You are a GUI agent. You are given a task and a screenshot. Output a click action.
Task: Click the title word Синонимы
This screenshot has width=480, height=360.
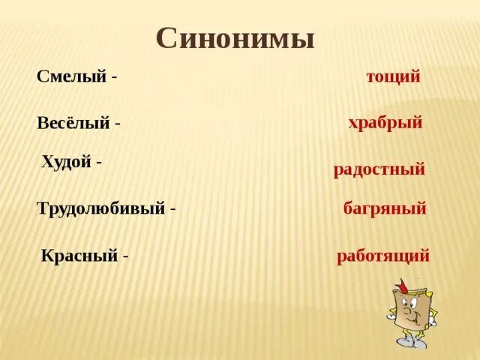[235, 38]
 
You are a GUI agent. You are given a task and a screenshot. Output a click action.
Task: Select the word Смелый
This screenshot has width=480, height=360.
[71, 76]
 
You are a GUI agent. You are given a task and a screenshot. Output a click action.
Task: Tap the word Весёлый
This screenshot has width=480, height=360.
[73, 123]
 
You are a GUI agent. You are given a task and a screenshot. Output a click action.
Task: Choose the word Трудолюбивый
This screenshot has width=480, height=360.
[100, 208]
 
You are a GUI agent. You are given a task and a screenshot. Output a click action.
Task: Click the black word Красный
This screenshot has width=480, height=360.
[79, 255]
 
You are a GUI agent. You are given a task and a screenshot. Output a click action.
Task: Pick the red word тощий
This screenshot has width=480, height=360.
[393, 76]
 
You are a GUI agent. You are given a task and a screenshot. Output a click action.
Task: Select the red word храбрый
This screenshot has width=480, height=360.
[385, 122]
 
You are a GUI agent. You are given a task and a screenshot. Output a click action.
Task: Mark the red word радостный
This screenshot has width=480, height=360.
[379, 169]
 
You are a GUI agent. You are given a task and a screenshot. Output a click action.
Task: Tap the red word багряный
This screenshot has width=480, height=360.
[385, 208]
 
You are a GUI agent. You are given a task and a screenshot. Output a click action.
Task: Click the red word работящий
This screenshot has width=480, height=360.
[383, 256]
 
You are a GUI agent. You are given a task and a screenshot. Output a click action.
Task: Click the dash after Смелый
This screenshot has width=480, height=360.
[114, 77]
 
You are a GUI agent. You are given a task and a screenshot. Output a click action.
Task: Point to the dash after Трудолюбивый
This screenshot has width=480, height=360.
[173, 209]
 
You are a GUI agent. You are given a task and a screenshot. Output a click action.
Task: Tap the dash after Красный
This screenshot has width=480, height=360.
[126, 256]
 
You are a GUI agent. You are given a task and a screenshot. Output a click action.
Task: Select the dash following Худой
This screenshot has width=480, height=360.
[99, 162]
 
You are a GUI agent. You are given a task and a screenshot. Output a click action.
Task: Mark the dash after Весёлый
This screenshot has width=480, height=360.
[118, 124]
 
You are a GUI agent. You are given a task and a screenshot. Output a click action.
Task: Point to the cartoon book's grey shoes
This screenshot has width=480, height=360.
[411, 341]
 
